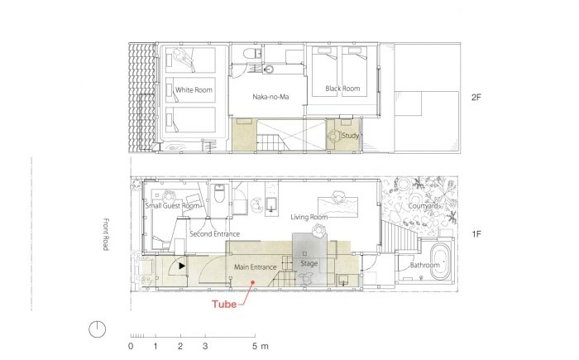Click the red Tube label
(224, 305)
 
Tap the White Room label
(194, 90)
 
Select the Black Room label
(342, 89)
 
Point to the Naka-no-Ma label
(270, 97)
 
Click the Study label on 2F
(351, 136)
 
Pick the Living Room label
(309, 217)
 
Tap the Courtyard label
(423, 206)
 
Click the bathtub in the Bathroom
(441, 261)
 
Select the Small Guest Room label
(172, 205)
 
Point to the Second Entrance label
(214, 234)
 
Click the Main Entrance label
(255, 266)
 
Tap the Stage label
(309, 263)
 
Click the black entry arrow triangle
(182, 266)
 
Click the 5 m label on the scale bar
(261, 346)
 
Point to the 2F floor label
(476, 97)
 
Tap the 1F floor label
(476, 234)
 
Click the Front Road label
(106, 234)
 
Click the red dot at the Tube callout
(253, 282)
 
